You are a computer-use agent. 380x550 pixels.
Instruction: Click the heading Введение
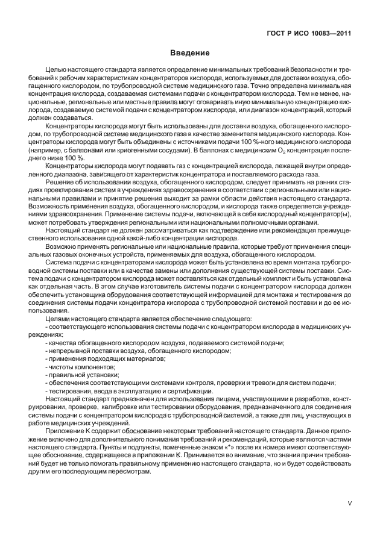[x=189, y=53]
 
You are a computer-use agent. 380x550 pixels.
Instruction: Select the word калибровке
[x=110, y=406]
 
